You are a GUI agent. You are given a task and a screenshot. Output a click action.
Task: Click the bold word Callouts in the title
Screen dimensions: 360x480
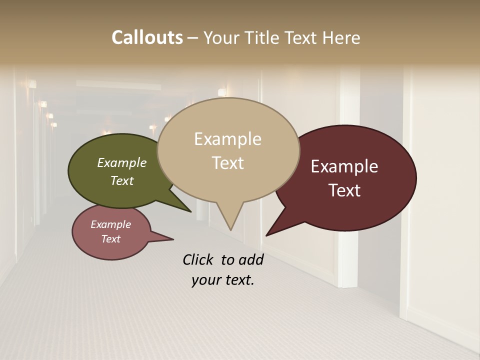(x=147, y=37)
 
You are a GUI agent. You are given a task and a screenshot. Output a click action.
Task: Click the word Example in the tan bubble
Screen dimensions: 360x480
(x=227, y=139)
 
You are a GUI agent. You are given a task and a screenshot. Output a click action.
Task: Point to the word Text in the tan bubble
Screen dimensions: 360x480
(x=227, y=162)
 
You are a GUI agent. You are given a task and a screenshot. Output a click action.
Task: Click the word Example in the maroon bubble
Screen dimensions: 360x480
(x=344, y=166)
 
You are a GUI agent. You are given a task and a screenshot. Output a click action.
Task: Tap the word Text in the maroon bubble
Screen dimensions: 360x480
(x=344, y=190)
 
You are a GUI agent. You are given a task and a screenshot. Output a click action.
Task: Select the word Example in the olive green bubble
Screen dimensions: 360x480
(x=122, y=162)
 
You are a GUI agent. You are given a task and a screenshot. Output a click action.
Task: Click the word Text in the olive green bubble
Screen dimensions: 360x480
(x=122, y=180)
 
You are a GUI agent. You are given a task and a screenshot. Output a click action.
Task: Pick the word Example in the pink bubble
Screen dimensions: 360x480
(x=110, y=224)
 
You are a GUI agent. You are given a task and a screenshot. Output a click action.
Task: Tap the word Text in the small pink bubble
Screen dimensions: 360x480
(x=110, y=239)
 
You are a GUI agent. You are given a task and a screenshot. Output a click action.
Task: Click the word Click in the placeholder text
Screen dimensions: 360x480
(x=198, y=259)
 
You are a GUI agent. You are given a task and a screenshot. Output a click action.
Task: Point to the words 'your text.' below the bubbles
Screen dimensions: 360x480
(x=222, y=280)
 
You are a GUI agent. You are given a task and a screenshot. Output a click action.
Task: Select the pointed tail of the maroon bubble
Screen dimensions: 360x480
(x=272, y=231)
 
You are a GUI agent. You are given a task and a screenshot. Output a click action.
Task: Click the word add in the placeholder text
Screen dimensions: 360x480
(x=250, y=259)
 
